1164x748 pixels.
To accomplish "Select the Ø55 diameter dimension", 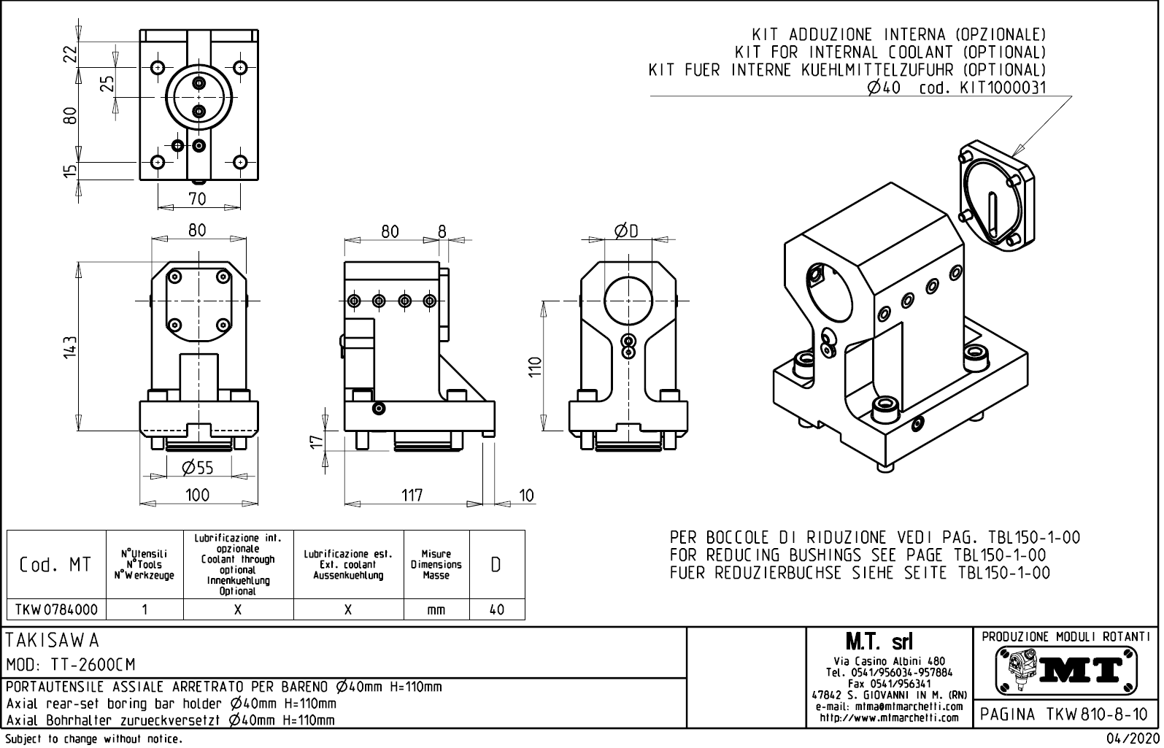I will [x=197, y=468].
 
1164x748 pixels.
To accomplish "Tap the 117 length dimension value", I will [x=412, y=496].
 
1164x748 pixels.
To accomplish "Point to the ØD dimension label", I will [x=626, y=231].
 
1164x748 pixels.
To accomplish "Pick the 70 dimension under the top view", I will [x=197, y=198].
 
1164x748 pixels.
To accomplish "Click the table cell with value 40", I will [x=496, y=609].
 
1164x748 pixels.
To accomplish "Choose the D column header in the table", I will [x=496, y=565].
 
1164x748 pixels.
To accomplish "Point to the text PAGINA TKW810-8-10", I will [x=1066, y=714].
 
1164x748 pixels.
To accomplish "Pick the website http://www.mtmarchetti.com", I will [x=889, y=717].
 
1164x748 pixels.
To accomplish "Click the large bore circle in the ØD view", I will [x=629, y=301].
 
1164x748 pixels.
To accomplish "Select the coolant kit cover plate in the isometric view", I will [x=995, y=195].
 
